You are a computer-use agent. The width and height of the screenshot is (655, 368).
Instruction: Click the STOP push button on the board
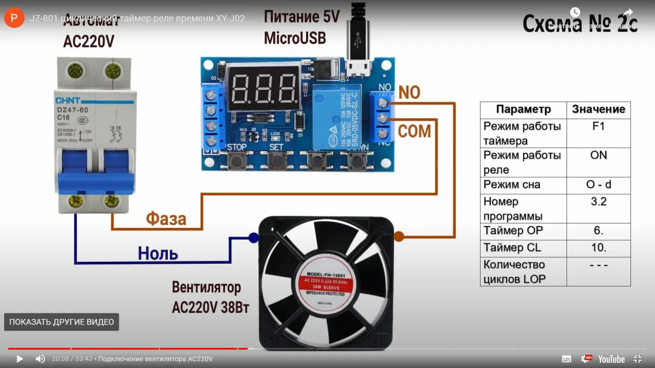point(236,161)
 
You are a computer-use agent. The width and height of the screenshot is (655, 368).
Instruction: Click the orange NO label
point(409,93)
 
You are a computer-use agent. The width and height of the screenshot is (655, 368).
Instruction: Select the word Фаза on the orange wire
point(166,219)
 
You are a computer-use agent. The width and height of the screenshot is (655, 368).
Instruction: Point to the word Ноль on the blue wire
point(158,253)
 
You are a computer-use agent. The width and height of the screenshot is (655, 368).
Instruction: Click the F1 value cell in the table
point(598,126)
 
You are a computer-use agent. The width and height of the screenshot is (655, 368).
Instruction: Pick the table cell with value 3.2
point(598,201)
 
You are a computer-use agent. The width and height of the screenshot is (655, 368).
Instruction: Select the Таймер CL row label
point(512,248)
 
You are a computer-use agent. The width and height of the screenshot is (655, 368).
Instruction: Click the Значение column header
point(598,109)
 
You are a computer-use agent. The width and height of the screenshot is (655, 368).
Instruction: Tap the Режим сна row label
point(512,185)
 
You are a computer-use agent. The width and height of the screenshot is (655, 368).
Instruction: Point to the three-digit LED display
point(264,89)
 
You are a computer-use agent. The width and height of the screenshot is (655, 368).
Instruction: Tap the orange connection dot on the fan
point(399,237)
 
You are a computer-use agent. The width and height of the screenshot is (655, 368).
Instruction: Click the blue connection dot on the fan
point(253,237)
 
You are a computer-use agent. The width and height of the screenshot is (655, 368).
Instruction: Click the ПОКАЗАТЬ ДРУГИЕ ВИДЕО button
point(61,322)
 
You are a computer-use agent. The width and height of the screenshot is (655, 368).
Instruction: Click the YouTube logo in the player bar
point(612,359)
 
